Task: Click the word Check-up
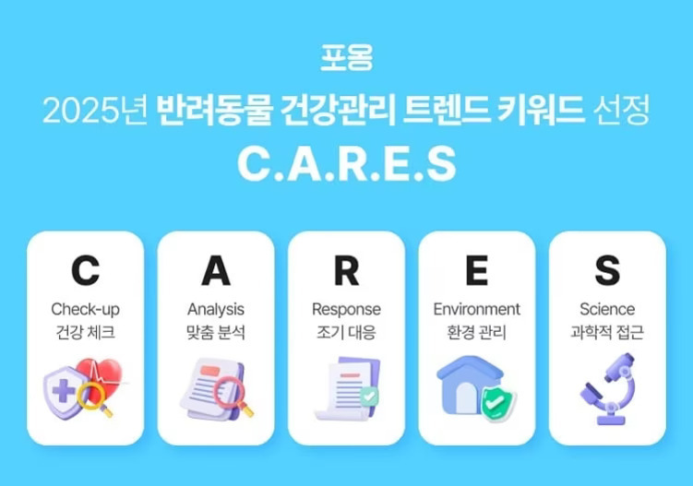coord(86,310)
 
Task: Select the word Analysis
coord(216,310)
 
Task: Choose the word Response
coord(346,310)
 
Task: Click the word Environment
coord(476,310)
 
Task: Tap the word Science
coord(606,310)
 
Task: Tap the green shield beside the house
coord(499,401)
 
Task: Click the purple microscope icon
coord(604,389)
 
